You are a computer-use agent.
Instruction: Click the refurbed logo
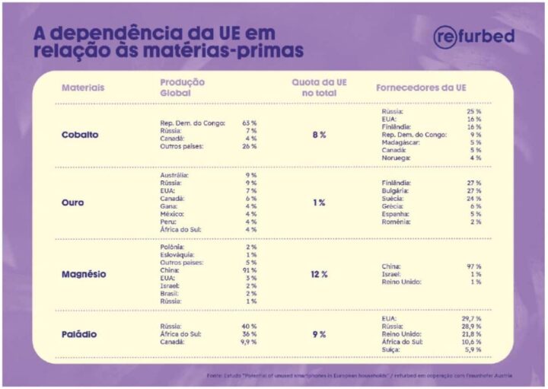pos(473,37)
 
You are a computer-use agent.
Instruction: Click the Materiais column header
pos(83,88)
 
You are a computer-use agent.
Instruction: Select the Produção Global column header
pos(182,87)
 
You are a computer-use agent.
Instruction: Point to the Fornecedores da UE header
pos(421,88)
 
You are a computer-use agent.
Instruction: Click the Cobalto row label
pos(80,135)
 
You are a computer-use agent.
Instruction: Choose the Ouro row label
pos(73,202)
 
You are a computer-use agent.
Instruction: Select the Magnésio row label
pos(84,274)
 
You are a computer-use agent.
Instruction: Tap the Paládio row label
pos(79,334)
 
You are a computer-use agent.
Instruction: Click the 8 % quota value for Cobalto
pos(319,135)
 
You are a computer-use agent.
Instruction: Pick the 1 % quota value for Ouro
pos(319,202)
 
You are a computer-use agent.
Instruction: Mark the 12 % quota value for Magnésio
pos(319,274)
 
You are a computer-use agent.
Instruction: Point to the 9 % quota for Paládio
pos(319,334)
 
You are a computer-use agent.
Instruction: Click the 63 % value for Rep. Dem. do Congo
pos(250,123)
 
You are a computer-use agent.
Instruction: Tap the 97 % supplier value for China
pos(473,266)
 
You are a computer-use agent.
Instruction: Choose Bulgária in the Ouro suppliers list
pos(396,191)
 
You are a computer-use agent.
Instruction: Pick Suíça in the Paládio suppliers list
pos(391,349)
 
